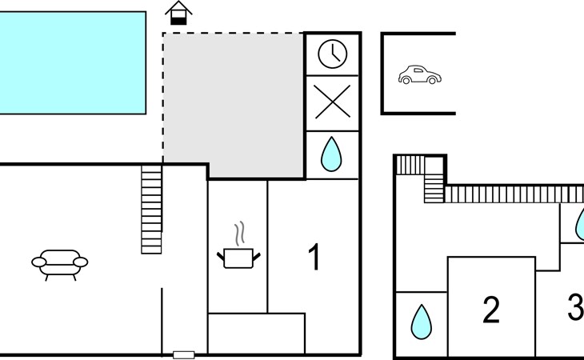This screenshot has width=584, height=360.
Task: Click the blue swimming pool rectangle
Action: click(x=72, y=62)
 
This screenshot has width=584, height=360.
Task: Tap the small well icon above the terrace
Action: click(x=179, y=13)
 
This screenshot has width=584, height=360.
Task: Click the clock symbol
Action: click(x=333, y=54)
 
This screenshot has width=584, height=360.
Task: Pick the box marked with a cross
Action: click(x=333, y=104)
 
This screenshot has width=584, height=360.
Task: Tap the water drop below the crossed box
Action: click(x=330, y=154)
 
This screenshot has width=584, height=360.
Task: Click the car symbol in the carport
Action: click(x=419, y=75)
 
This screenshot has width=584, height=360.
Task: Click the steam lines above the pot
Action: click(x=239, y=234)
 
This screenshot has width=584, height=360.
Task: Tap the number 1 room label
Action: click(x=315, y=258)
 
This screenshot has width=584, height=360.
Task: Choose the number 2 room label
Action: click(x=491, y=310)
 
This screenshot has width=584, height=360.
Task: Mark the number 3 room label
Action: click(x=575, y=308)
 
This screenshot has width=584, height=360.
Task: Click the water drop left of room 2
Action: click(x=421, y=322)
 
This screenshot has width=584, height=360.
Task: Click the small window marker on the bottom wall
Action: click(x=184, y=354)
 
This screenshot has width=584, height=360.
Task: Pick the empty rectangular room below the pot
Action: click(x=256, y=333)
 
